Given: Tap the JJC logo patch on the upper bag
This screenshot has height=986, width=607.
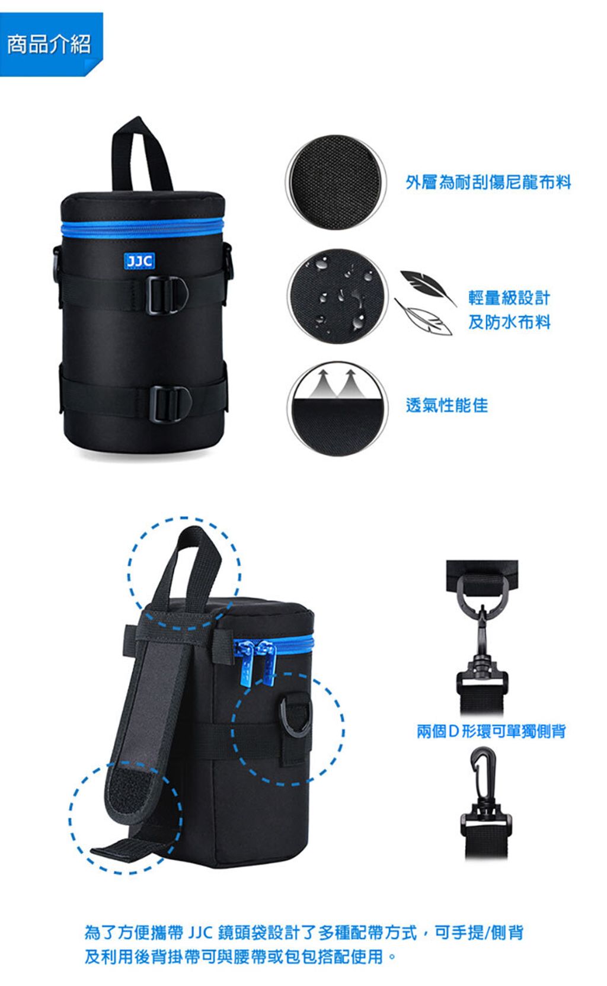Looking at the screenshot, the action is pos(139,261).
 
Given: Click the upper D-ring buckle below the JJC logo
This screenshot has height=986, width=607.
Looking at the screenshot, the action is pos(167,294).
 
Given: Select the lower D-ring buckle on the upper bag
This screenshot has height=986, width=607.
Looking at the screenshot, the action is pos(170,404).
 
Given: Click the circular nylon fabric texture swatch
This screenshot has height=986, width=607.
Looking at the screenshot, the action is pos(336,181).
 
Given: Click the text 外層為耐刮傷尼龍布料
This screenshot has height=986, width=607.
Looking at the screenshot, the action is pos(488,182).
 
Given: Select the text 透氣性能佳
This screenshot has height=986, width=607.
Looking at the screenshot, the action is pos(447,405).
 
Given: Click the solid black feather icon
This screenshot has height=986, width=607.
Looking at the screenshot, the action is pos(426,286).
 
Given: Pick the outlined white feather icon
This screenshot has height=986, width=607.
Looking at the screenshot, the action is pos(423,317).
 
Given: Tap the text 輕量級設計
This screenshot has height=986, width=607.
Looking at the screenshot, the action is pos(509,298).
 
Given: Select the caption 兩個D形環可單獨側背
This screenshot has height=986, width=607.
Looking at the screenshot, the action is pos(491,731).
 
